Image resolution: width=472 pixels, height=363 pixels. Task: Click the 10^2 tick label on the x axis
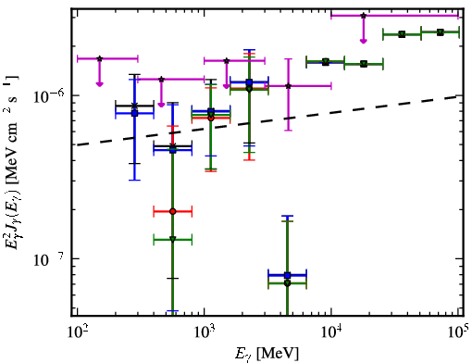pyautogui.click(x=77, y=332)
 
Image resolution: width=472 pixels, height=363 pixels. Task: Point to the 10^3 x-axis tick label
pyautogui.click(x=204, y=332)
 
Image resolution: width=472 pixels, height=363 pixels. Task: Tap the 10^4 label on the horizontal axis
pyautogui.click(x=331, y=332)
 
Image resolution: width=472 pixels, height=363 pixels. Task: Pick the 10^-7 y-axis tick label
pyautogui.click(x=49, y=258)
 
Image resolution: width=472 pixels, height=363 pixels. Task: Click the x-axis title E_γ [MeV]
pyautogui.click(x=267, y=354)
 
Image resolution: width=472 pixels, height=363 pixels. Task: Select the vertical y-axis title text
pyautogui.click(x=13, y=162)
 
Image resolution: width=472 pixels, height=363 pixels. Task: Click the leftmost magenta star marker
pyautogui.click(x=99, y=58)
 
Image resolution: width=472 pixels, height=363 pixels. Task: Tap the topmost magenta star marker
pyautogui.click(x=364, y=16)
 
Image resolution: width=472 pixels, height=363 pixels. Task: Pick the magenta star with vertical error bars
pyautogui.click(x=288, y=86)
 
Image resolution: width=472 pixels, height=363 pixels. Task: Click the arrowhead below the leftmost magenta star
pyautogui.click(x=99, y=83)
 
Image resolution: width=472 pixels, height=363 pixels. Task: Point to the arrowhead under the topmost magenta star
pyautogui.click(x=364, y=41)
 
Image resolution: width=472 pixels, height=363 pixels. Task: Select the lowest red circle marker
pyautogui.click(x=173, y=211)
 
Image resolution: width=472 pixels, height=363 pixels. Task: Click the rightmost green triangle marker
pyautogui.click(x=441, y=32)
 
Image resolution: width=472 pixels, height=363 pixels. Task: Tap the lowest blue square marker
pyautogui.click(x=287, y=275)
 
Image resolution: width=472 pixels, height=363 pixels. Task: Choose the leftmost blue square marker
pyautogui.click(x=134, y=113)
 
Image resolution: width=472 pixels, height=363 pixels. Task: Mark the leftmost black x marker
pyautogui.click(x=134, y=106)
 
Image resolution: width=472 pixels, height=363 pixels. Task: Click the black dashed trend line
pyautogui.click(x=267, y=120)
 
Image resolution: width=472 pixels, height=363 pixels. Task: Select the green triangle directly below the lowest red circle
pyautogui.click(x=173, y=239)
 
